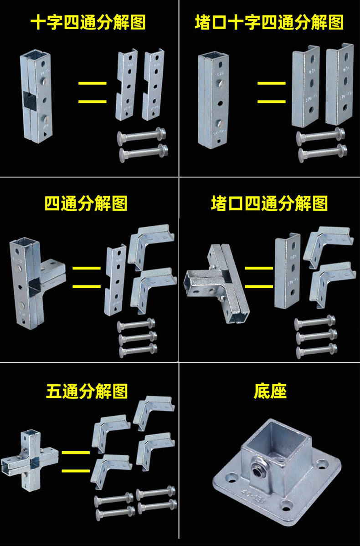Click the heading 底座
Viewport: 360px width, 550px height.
click(270, 391)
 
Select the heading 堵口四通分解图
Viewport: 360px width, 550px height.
click(269, 204)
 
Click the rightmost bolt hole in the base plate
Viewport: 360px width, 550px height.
click(323, 465)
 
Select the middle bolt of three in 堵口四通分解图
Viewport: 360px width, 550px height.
click(315, 337)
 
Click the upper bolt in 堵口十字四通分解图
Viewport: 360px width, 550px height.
click(320, 136)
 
